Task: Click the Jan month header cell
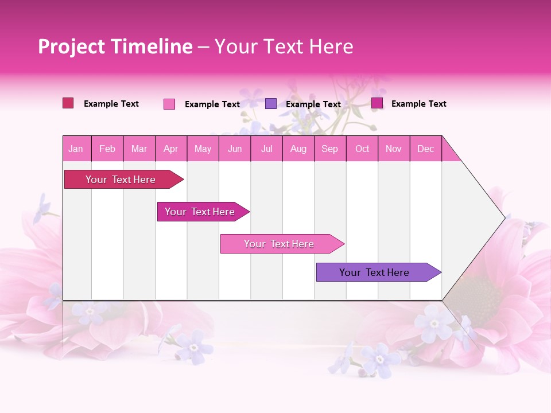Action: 76,149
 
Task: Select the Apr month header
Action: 170,149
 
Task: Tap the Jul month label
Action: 266,149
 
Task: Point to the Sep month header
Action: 329,149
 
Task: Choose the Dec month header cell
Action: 425,149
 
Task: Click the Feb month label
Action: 107,149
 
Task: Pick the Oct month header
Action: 362,149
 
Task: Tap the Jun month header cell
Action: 235,149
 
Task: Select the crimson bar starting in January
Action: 121,180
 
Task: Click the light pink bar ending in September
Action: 280,244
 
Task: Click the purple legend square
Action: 271,104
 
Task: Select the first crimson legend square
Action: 68,103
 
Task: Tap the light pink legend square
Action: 169,104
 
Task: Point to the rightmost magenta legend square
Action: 377,103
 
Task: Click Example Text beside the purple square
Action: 313,104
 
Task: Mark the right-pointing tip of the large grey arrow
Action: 504,217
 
